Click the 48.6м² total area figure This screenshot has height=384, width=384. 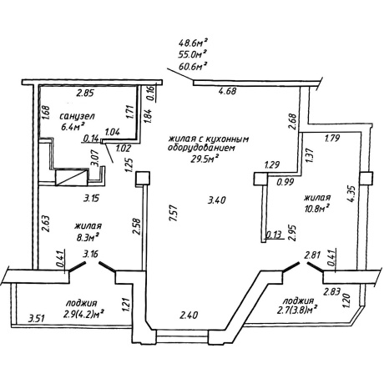click(x=194, y=43)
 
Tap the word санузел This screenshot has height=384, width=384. click(x=78, y=116)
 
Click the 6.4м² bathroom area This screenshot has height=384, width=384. click(x=73, y=127)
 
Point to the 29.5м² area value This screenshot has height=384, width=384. click(x=205, y=159)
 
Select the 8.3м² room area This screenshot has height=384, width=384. click(x=88, y=237)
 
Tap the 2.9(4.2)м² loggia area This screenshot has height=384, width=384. click(x=83, y=316)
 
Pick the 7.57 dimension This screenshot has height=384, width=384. click(x=173, y=214)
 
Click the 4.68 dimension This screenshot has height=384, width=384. click(x=227, y=91)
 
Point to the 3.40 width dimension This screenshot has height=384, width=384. click(x=217, y=200)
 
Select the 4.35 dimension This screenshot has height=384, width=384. click(x=351, y=194)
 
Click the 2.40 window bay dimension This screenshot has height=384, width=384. click(x=189, y=315)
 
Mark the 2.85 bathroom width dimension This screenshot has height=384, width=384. click(x=85, y=93)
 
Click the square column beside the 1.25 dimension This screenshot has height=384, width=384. click(x=143, y=179)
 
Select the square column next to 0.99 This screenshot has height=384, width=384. click(x=260, y=179)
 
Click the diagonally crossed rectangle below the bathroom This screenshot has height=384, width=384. click(x=72, y=178)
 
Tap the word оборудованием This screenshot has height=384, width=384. click(x=201, y=148)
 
